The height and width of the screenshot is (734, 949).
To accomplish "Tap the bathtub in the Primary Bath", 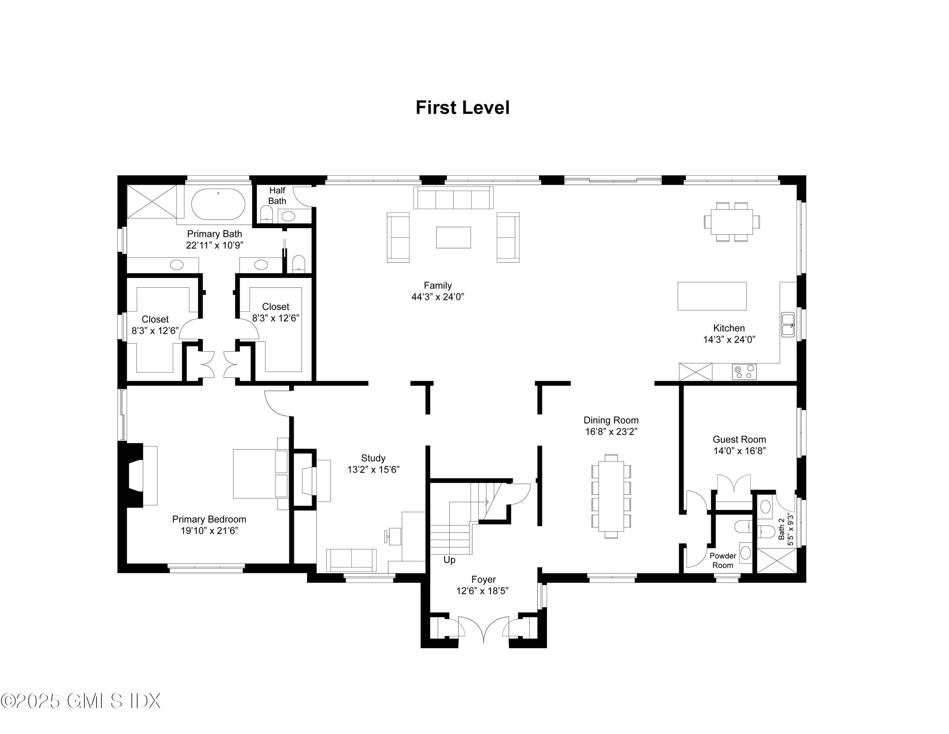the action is coord(218,204).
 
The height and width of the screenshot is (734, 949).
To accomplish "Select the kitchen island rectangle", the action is coord(712,296).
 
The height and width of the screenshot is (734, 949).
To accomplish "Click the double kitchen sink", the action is coord(788,324).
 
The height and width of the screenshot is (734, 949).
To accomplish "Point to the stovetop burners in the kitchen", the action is coord(744,372).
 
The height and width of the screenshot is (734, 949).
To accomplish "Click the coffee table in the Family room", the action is coord(453,237).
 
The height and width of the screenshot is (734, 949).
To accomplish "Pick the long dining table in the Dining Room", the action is coord(611,496).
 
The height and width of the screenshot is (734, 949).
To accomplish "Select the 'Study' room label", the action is coord(373,458).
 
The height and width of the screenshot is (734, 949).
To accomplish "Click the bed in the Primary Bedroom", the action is coord(261,473).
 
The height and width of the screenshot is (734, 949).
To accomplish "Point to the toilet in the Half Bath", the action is coord(266,214).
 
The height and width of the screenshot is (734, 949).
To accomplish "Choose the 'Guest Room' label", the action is coord(739,439).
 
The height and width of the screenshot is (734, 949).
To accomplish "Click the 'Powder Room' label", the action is coord(723,560).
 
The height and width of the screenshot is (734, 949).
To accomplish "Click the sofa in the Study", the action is coord(351,560).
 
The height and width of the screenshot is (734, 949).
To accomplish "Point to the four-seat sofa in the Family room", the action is coord(453,198).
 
